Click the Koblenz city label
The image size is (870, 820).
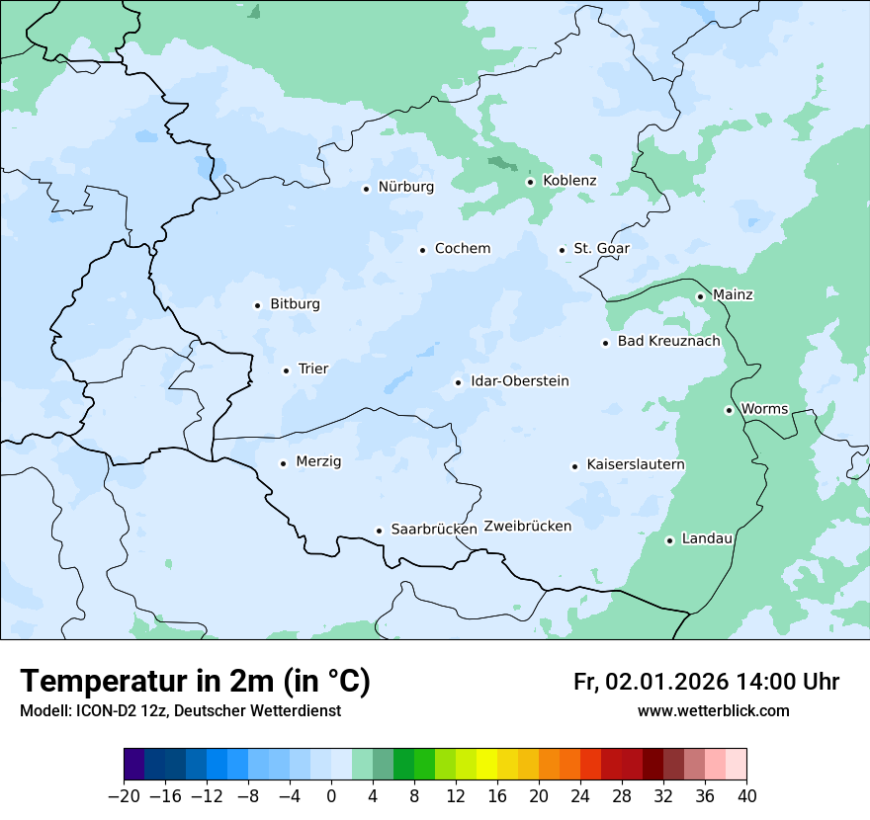point(569,181)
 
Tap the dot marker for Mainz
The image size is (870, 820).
point(700,296)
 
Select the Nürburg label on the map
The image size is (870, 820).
point(405,187)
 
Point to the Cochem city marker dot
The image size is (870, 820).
point(422,250)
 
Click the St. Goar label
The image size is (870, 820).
point(601,249)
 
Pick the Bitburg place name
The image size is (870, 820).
point(295,304)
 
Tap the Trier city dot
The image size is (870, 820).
point(286,370)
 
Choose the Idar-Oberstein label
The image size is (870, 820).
point(520,381)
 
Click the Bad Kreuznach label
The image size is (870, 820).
point(668,342)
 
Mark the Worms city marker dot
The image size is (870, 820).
point(729,410)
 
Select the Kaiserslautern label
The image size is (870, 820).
point(636,465)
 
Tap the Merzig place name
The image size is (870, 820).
point(318,462)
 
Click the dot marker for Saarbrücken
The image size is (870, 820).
point(379,531)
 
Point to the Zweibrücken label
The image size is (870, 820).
point(527,527)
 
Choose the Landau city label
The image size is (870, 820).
point(707,538)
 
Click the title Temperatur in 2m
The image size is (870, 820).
point(195,682)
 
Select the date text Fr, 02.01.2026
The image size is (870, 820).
point(651,682)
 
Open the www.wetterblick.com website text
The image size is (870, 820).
point(713,711)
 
